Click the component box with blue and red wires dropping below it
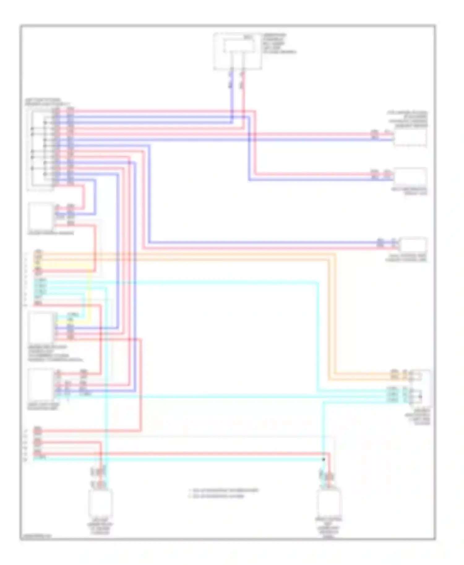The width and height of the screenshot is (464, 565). click(x=238, y=51)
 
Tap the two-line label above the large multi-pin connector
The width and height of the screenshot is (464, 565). click(x=46, y=102)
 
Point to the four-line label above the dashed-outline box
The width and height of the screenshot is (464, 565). click(x=408, y=119)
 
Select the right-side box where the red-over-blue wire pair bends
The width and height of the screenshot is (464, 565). click(x=410, y=176)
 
